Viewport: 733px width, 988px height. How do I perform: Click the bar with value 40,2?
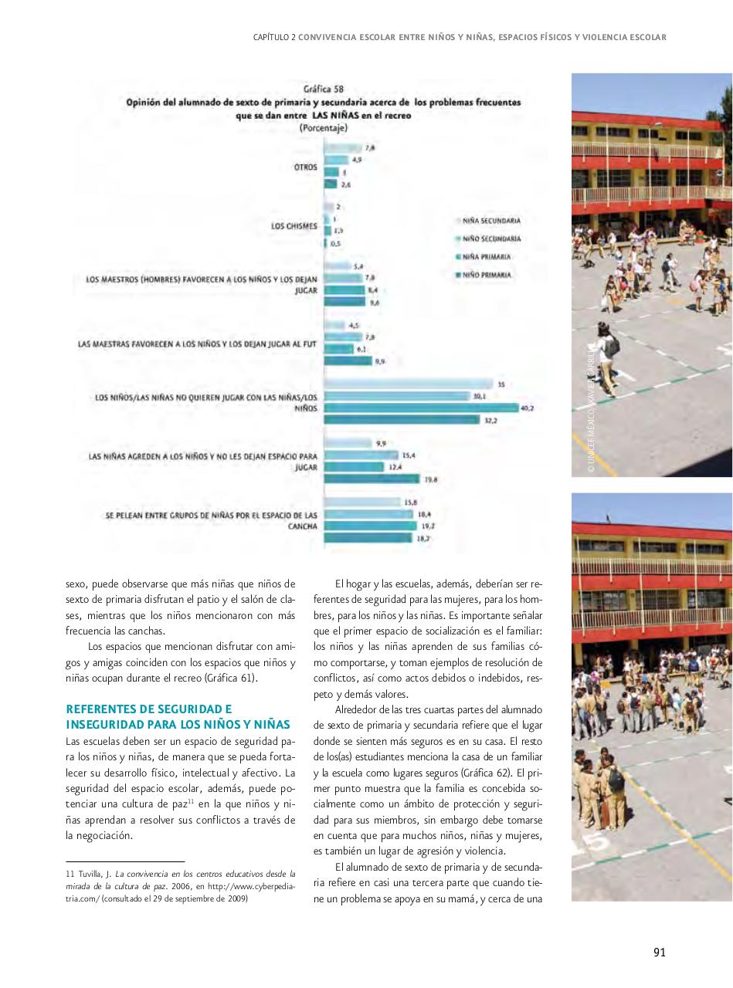(421, 408)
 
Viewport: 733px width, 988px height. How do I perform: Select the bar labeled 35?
(408, 384)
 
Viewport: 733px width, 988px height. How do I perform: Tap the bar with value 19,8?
(372, 479)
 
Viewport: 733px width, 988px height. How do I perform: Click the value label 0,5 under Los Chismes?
(335, 243)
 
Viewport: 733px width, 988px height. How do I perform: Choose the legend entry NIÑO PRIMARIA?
(486, 275)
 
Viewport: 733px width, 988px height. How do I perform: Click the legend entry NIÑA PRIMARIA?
(486, 257)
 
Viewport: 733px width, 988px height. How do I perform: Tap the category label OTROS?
(305, 167)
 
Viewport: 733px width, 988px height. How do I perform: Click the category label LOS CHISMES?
(289, 226)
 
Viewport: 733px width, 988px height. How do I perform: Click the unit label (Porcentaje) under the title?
(323, 129)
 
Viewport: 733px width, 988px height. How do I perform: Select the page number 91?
(659, 952)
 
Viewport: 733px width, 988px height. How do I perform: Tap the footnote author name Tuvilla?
(87, 873)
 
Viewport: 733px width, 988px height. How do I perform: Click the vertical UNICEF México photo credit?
(590, 409)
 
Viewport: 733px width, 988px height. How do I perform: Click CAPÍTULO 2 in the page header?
(274, 37)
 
